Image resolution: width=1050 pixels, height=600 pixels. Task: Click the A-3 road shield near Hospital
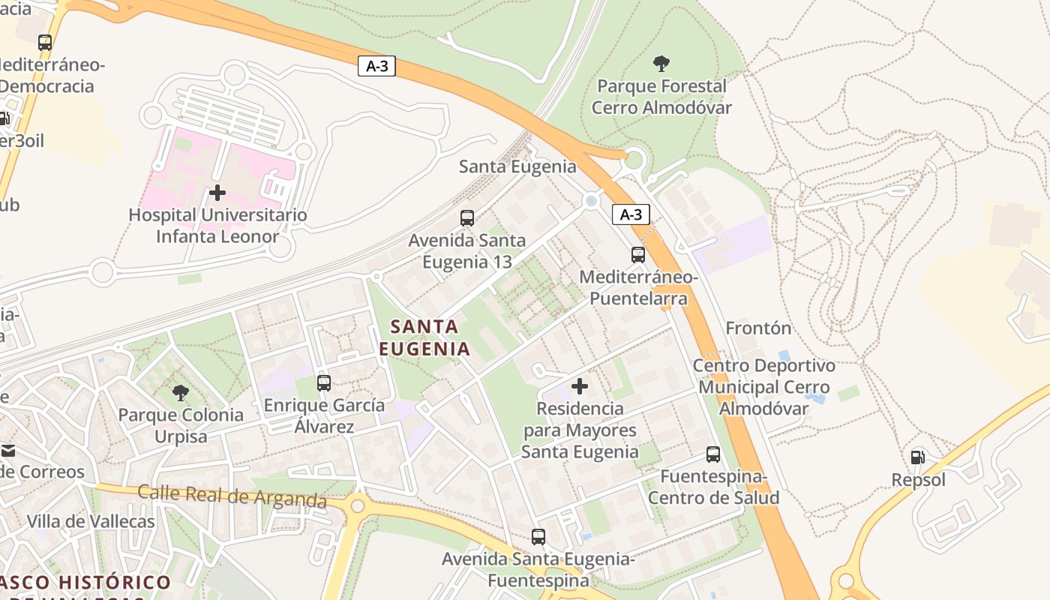(376, 66)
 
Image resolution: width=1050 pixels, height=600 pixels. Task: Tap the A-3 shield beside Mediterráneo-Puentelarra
(631, 215)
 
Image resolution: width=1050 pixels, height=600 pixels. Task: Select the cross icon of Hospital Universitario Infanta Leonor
(217, 193)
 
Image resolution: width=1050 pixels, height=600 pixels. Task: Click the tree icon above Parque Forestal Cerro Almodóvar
(661, 63)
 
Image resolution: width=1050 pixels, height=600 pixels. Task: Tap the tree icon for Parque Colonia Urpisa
(181, 392)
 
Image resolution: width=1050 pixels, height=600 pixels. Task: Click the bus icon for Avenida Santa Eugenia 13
(467, 218)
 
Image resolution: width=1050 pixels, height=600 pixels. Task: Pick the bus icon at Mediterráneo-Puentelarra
(638, 255)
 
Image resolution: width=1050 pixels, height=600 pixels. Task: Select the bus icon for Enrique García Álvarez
(324, 383)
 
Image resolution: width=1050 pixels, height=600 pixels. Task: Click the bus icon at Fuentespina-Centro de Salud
(713, 454)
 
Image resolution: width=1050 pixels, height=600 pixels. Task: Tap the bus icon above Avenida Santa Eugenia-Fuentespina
(538, 537)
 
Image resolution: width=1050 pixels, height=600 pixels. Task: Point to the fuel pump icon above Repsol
(917, 457)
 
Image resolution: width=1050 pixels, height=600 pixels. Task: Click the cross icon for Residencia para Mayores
(580, 386)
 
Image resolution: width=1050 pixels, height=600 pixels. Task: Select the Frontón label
(758, 328)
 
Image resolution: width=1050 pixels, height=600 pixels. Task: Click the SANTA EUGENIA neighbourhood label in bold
(424, 337)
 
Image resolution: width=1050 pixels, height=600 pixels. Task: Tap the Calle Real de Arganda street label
(232, 496)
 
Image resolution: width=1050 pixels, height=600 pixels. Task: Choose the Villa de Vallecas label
(91, 521)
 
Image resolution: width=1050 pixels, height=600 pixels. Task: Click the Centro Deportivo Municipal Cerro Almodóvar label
(763, 387)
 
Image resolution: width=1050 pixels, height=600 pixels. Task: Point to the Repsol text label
(918, 480)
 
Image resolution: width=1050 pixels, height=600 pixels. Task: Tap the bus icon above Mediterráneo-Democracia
(45, 43)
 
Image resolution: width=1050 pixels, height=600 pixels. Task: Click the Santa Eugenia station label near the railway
(517, 166)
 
